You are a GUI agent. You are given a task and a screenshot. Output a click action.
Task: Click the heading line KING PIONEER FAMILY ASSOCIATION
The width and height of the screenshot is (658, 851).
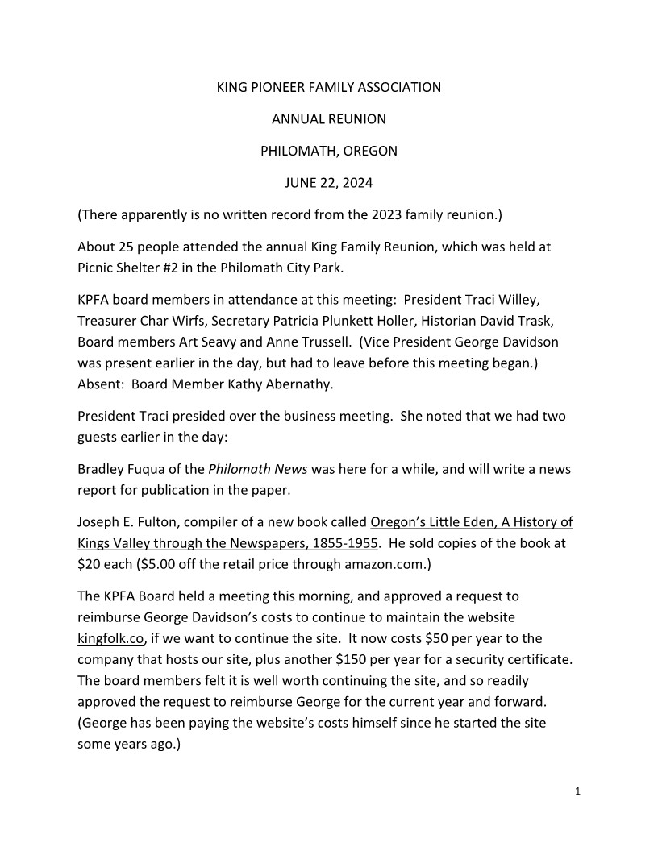tap(329, 87)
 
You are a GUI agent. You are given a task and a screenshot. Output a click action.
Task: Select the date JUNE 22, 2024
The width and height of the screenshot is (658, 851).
tap(329, 183)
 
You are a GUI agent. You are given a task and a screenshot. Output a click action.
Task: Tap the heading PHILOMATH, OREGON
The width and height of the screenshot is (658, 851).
tap(329, 151)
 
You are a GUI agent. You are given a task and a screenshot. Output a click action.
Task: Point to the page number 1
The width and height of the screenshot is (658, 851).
tap(578, 791)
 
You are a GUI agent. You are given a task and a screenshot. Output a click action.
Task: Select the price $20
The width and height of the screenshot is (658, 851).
tap(89, 564)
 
